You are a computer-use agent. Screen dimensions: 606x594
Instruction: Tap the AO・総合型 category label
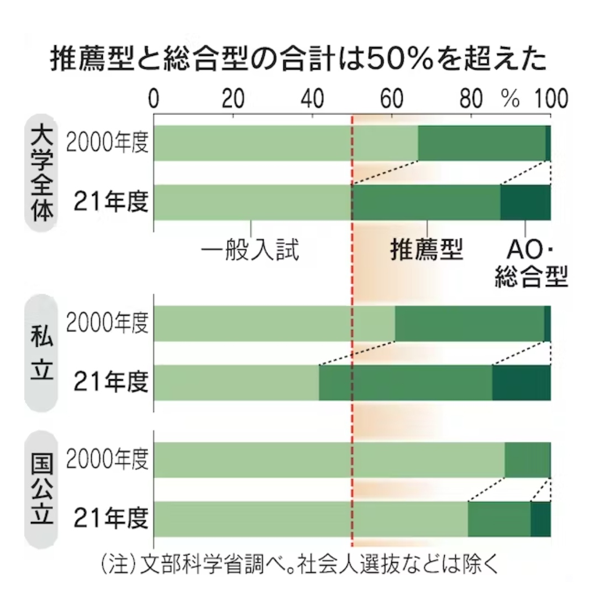[x=530, y=262]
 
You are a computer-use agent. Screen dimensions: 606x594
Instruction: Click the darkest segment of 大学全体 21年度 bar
[x=525, y=202]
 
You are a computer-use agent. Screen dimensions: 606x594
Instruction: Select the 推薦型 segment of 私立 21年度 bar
[x=405, y=383]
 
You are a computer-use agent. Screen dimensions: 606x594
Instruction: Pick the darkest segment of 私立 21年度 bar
[x=521, y=383]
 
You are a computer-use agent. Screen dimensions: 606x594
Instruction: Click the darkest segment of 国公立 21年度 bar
[x=540, y=519]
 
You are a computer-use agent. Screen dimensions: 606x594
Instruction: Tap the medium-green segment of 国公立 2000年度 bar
[x=527, y=460]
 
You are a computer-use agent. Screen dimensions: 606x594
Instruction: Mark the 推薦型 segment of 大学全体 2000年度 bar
[x=481, y=143]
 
